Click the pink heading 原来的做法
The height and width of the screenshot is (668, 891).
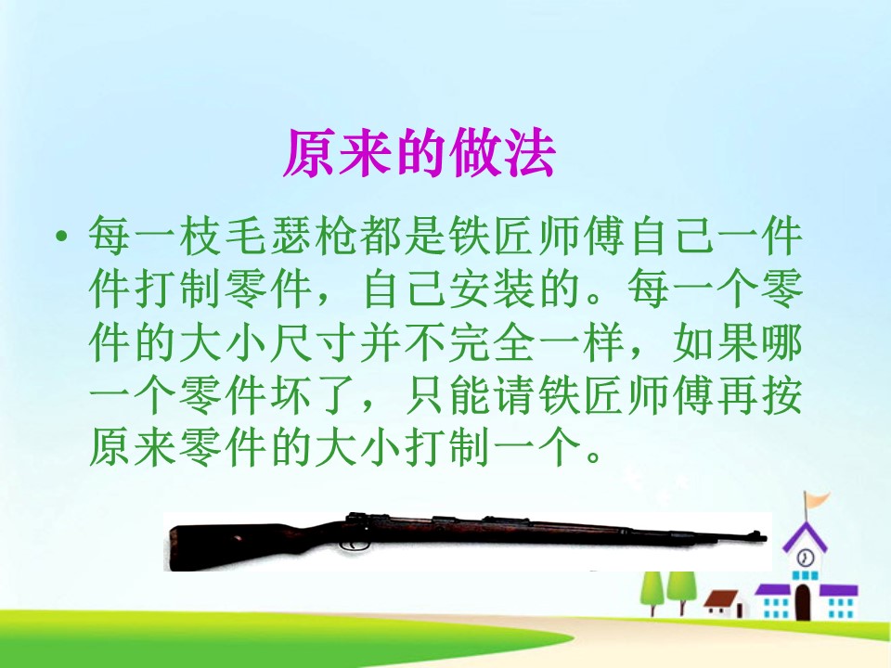[x=419, y=154]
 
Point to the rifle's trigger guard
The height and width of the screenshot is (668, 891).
[x=352, y=546]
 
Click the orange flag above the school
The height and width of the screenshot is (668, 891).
[x=817, y=500]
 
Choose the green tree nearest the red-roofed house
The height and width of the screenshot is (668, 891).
[x=683, y=585]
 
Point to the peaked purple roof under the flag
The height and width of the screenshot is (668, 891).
[x=805, y=535]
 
